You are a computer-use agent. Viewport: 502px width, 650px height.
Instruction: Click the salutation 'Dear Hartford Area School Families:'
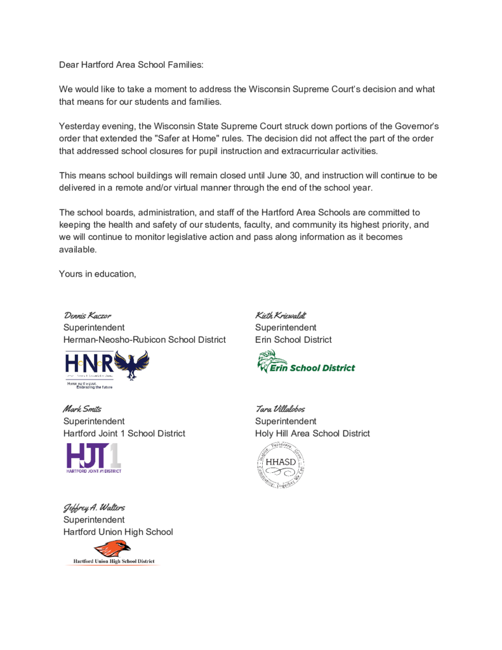(131, 65)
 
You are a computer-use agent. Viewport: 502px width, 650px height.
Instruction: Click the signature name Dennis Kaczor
(88, 315)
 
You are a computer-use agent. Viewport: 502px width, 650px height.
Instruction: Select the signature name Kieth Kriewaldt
(281, 315)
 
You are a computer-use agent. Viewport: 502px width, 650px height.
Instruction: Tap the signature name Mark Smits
(82, 409)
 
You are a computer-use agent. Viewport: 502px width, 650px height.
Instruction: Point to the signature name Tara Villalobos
(280, 409)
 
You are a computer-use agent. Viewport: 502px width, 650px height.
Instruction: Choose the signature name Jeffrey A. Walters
(94, 507)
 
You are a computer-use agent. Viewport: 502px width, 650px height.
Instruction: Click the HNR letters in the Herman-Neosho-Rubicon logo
(89, 364)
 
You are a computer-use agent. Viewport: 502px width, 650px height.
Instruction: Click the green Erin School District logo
(305, 362)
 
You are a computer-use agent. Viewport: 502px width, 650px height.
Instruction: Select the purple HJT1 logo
(93, 458)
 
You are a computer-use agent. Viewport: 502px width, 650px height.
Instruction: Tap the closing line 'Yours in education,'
(98, 274)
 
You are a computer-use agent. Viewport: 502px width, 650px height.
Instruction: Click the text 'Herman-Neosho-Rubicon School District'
(144, 340)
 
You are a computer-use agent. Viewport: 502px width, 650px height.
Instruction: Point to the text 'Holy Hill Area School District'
(312, 434)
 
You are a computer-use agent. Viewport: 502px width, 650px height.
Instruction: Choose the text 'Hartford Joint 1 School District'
(124, 434)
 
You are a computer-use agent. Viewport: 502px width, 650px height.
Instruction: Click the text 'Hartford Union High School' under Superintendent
(118, 532)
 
